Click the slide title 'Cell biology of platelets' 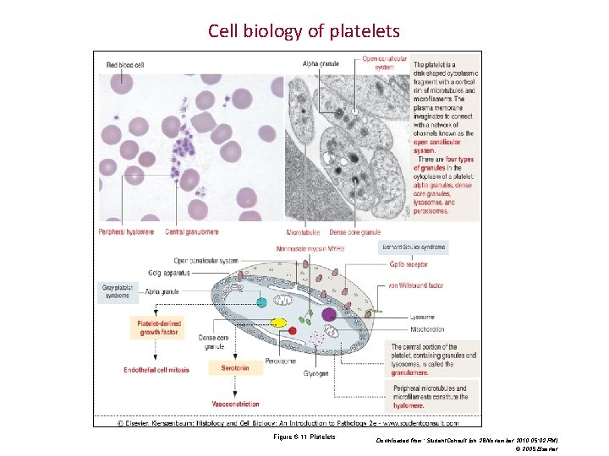304,32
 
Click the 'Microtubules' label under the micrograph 303,231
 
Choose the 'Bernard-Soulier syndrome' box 413,247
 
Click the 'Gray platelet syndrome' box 118,291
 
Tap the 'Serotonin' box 235,368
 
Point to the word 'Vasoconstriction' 235,404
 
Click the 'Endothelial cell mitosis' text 156,369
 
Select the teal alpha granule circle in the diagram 262,302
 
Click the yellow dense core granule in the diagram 278,323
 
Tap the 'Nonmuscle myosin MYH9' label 310,248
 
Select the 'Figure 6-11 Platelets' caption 304,437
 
